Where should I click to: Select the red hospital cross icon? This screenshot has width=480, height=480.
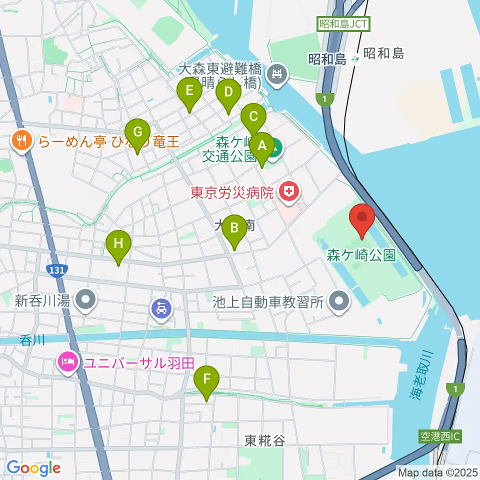click(x=288, y=190)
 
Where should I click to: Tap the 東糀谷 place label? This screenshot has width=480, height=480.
click(x=265, y=440)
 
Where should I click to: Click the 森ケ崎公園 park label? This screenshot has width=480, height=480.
click(x=361, y=256)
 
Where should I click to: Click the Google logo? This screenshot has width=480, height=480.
click(x=34, y=468)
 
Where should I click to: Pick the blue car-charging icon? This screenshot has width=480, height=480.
click(x=161, y=308)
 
